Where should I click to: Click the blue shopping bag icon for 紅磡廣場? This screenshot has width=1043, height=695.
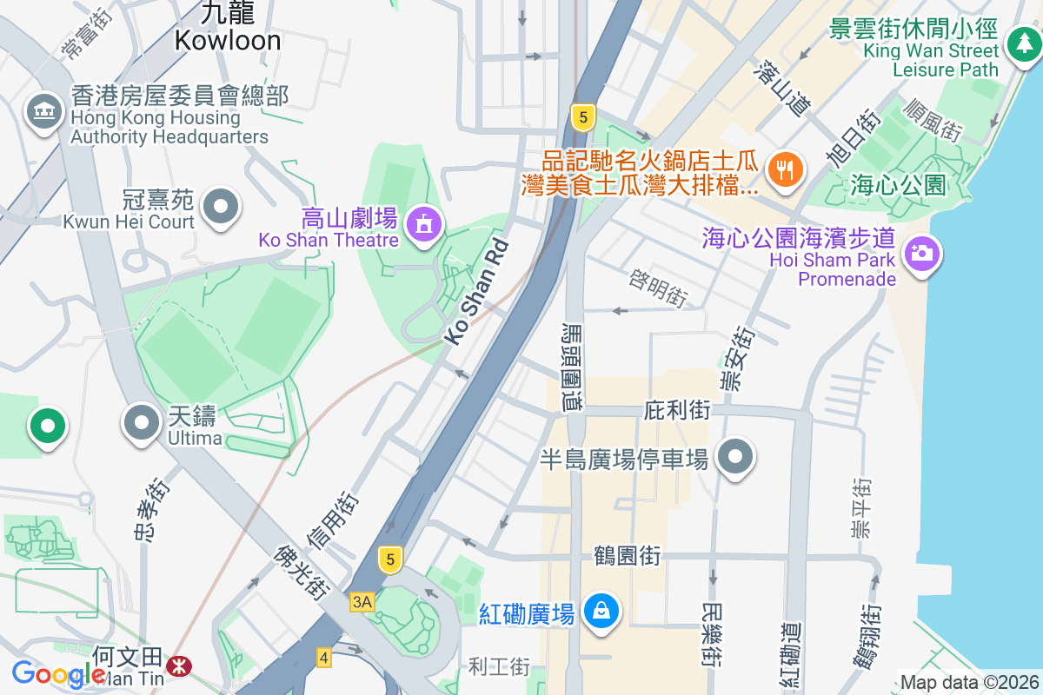(601, 611)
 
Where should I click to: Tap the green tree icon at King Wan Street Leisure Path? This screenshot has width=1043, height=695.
(1021, 43)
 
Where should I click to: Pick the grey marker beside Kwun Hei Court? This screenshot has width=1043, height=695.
(221, 207)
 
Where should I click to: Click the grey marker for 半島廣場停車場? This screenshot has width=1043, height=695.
(735, 457)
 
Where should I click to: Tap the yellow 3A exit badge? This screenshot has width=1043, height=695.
(362, 601)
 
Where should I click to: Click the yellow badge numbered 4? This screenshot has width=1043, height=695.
(324, 658)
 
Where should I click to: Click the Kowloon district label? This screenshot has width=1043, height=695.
(228, 40)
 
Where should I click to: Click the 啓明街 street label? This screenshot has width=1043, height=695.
(658, 287)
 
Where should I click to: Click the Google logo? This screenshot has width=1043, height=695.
(58, 674)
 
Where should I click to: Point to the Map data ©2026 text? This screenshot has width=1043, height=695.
(968, 682)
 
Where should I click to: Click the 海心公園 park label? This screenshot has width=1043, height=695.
(898, 184)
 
